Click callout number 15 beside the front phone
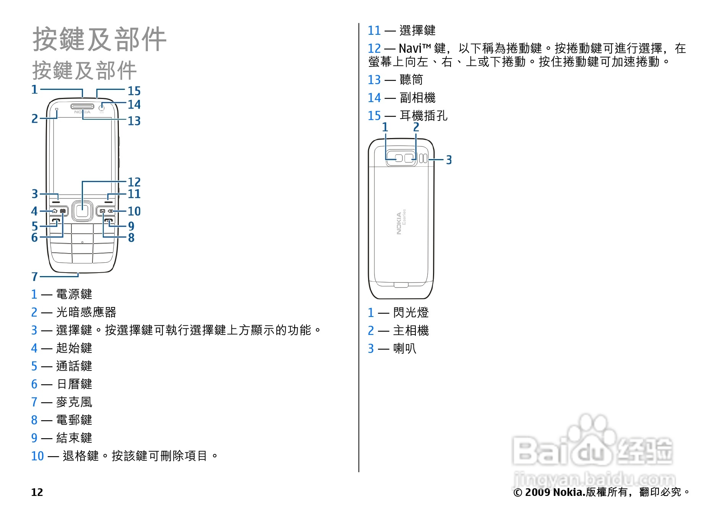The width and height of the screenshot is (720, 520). click(134, 91)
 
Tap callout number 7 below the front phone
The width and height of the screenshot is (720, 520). click(34, 276)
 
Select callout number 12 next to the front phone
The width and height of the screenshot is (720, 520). click(134, 182)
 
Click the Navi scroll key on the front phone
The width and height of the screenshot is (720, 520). click(82, 211)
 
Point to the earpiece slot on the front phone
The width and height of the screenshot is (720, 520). click(82, 106)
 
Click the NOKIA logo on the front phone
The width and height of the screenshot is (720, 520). click(82, 112)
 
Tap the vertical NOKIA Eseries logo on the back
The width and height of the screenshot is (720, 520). click(401, 222)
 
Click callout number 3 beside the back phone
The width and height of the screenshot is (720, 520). click(449, 160)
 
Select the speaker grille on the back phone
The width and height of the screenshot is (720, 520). click(423, 158)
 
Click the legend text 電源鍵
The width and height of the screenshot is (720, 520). click(74, 294)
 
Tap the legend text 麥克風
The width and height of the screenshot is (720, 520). click(74, 402)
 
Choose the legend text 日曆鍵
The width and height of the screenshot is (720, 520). click(74, 384)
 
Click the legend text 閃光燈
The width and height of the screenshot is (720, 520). click(411, 313)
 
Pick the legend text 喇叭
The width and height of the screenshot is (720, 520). click(405, 349)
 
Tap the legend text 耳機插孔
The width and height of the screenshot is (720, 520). click(423, 115)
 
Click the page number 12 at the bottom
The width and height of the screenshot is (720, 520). click(37, 492)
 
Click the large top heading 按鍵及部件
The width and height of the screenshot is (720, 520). click(99, 39)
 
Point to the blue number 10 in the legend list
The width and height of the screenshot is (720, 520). click(37, 456)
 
